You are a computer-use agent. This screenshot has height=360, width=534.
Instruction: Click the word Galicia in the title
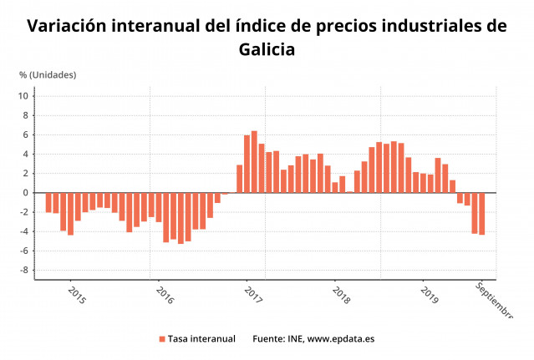tap(267, 49)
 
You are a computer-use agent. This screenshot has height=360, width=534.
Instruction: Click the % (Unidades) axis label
tap(48, 74)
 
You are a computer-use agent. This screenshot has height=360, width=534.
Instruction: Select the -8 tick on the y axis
tap(25, 271)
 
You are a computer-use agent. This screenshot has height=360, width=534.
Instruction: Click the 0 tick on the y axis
tap(27, 193)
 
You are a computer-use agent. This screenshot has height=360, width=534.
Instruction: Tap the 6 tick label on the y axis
tap(27, 135)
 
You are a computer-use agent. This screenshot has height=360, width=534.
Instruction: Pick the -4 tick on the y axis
tap(25, 232)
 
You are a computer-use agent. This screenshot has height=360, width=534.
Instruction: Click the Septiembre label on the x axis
tap(493, 300)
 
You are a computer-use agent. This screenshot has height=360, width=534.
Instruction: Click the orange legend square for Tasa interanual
tap(161, 339)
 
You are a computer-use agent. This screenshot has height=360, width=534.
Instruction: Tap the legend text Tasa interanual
tap(201, 339)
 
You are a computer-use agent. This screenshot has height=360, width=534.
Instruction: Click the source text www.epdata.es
tap(341, 339)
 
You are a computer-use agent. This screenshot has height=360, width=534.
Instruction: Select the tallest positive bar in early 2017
tap(254, 162)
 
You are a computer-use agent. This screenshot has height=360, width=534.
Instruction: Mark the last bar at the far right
tap(482, 214)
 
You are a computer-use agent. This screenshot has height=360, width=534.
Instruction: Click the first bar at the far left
tap(48, 203)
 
